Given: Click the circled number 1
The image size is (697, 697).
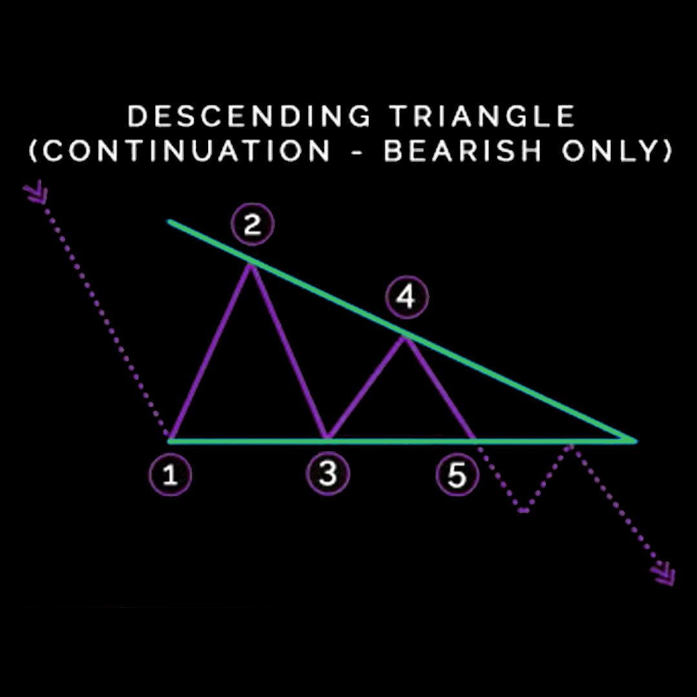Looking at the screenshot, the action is [170, 476].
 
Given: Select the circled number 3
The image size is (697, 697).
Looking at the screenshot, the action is [328, 474].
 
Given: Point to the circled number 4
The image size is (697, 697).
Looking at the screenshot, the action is [406, 298].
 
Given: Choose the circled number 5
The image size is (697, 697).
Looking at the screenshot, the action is [457, 476].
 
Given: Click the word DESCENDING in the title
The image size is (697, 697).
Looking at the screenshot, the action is [249, 117].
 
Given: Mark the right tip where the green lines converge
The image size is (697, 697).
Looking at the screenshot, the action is [635, 441].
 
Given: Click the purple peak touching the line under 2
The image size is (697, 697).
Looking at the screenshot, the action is [250, 265].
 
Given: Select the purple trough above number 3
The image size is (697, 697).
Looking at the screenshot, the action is [328, 438].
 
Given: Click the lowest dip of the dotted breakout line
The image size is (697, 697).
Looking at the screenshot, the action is [524, 510].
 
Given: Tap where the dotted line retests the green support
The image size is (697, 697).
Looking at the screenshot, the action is [571, 444].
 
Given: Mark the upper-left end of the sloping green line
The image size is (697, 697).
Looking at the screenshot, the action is [170, 221].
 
